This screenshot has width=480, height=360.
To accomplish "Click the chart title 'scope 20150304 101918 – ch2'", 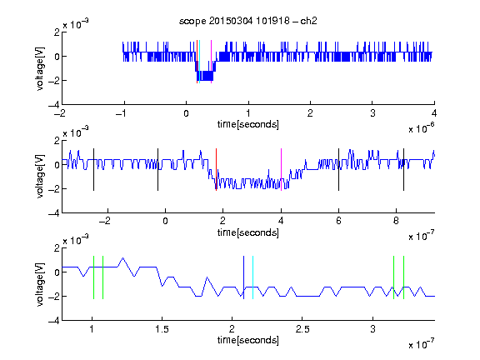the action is pyautogui.click(x=248, y=21).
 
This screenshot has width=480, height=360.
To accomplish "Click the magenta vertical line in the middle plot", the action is pyautogui.click(x=282, y=170).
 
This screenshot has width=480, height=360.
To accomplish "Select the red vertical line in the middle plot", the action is pyautogui.click(x=216, y=170).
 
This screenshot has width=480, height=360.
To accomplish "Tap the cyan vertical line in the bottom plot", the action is pyautogui.click(x=252, y=277).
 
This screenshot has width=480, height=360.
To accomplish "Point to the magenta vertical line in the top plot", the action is pyautogui.click(x=211, y=62).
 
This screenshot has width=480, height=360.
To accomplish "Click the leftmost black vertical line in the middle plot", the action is pyautogui.click(x=93, y=170).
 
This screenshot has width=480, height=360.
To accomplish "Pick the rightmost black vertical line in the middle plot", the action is pyautogui.click(x=404, y=170).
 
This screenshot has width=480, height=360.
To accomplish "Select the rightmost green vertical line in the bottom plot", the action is pyautogui.click(x=404, y=277).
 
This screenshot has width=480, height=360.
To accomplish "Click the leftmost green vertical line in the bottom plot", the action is pyautogui.click(x=93, y=277).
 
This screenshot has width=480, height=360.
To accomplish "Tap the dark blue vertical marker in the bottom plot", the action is pyautogui.click(x=243, y=277).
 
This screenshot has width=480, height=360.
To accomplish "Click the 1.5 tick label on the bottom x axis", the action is pyautogui.click(x=162, y=329).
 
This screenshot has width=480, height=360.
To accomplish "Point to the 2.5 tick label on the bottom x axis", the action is pyautogui.click(x=302, y=329).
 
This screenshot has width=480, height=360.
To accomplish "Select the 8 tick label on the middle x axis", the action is pyautogui.click(x=396, y=221).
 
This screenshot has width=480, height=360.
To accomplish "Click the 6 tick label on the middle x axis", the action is pyautogui.click(x=338, y=221).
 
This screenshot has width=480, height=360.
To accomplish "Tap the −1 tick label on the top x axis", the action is pyautogui.click(x=122, y=113).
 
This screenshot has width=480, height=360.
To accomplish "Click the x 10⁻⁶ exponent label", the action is pyautogui.click(x=422, y=128).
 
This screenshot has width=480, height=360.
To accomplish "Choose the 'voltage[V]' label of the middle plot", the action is pyautogui.click(x=40, y=177).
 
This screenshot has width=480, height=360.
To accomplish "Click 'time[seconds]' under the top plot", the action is pyautogui.click(x=248, y=124).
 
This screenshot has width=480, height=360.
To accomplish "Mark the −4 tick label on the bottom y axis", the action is pyautogui.click(x=54, y=321).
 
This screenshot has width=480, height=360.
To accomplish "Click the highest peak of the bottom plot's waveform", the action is pyautogui.click(x=123, y=257).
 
